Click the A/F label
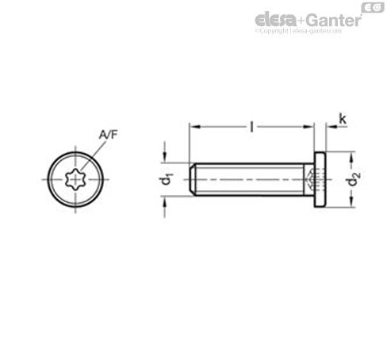[108, 136]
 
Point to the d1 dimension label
[167, 180]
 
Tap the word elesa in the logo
[274, 19]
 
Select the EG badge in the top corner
[372, 7]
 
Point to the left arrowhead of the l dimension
[193, 126]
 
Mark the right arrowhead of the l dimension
[312, 126]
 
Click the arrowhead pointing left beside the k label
[330, 126]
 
